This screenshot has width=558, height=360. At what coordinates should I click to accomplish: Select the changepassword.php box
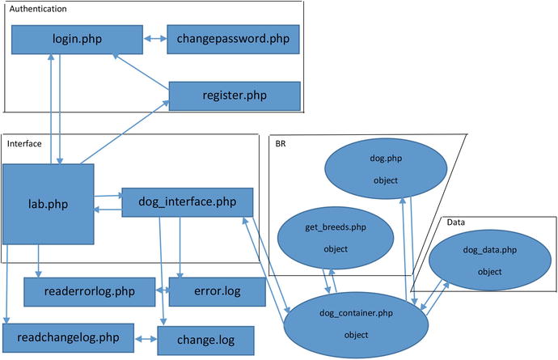(233, 39)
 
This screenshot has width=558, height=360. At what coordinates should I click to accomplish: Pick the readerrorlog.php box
(89, 290)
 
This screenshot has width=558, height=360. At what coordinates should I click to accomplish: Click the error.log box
(205, 290)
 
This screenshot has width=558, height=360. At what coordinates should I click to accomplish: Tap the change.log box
(205, 338)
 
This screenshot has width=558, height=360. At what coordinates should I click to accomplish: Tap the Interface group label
(24, 143)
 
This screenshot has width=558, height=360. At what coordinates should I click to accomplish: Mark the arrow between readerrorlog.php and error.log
(161, 290)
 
